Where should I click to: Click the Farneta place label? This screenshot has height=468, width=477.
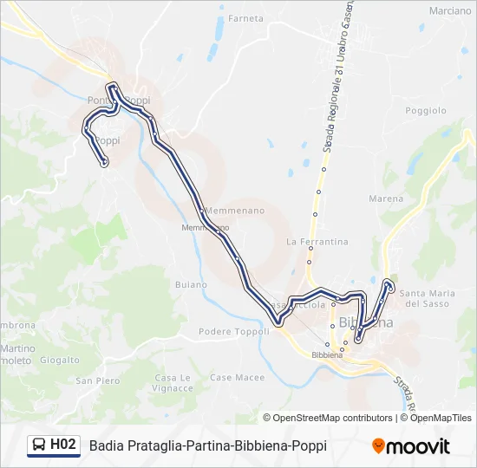pos(245,17)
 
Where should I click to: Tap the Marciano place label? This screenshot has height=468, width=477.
pos(449,11)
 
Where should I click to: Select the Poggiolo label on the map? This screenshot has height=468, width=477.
pos(425,110)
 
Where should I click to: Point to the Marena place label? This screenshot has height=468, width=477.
pos(386,198)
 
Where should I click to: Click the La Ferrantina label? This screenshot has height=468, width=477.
pos(317,242)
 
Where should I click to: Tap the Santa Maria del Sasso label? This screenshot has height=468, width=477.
pos(425,297)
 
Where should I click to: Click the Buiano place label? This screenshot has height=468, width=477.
pos(190,284)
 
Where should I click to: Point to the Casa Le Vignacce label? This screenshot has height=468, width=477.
pos(173,382)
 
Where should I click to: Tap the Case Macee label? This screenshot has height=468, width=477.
pos(237,377)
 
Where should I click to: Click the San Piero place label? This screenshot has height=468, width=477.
pos(97,380)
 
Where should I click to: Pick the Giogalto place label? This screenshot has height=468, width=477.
pos(60,359)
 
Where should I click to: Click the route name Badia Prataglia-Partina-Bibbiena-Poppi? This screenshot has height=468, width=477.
pos(207,446)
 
